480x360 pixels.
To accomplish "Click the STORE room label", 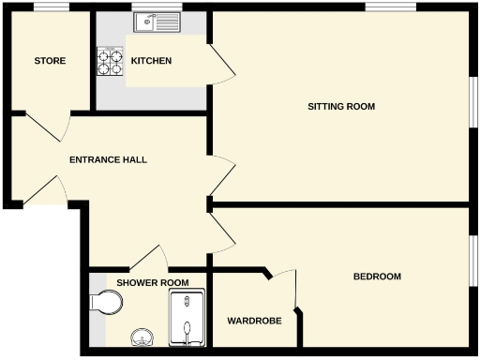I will (x=50, y=61).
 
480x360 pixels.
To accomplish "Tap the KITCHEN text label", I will (x=151, y=61).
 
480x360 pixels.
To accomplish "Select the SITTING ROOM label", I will (x=341, y=106).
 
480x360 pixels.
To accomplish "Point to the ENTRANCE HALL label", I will (x=108, y=159).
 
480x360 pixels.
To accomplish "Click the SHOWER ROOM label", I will (x=152, y=282).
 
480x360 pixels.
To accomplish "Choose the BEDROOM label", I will (x=377, y=277).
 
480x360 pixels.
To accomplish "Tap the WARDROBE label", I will (x=254, y=321).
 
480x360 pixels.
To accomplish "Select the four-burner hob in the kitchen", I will (x=110, y=61).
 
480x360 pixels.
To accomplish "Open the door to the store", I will (x=49, y=126).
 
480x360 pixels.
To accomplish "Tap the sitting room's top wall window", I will (x=391, y=7).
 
